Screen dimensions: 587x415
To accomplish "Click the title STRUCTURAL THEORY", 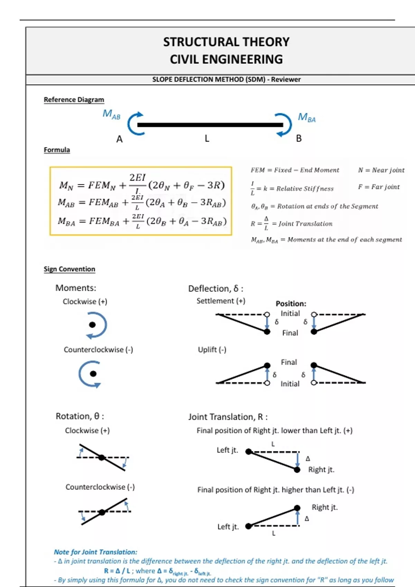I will [x=226, y=42].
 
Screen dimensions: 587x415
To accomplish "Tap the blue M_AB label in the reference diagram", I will [x=111, y=114].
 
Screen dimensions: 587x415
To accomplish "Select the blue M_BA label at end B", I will [x=307, y=118].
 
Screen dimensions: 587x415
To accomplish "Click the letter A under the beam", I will [x=119, y=139].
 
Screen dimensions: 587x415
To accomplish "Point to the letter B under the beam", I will [x=299, y=138].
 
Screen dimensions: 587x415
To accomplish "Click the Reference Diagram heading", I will [x=74, y=100].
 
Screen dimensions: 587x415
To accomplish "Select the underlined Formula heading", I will [x=57, y=150].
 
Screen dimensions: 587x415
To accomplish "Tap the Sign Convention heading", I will [x=69, y=269].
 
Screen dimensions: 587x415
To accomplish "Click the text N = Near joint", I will [x=381, y=170].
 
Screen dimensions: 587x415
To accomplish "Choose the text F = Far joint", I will [x=379, y=187].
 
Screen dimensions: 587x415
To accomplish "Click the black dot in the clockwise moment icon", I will [x=92, y=325].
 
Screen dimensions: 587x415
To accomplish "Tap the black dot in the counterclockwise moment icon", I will [x=93, y=374].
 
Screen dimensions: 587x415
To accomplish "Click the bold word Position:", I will [x=291, y=304].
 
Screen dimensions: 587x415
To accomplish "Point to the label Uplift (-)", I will [x=212, y=349].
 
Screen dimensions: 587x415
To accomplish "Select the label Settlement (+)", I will [x=221, y=301].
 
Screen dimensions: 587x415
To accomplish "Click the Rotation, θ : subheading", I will [x=80, y=416].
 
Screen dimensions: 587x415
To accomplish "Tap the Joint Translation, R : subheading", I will [x=228, y=417].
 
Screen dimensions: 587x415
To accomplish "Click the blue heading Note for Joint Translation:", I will [x=95, y=552].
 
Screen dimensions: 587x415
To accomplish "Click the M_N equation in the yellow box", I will [x=142, y=185].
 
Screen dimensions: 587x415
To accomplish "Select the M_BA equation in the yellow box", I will [x=142, y=221].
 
